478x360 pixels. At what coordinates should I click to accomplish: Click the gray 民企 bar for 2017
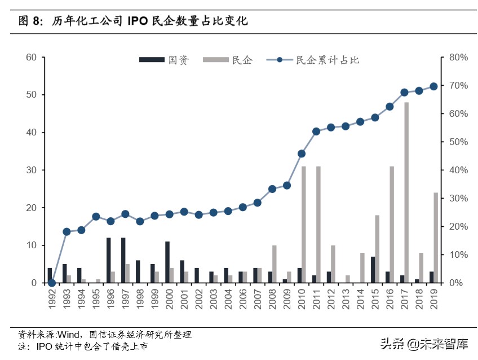point(406,192)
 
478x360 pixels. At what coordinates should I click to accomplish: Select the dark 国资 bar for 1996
point(108,260)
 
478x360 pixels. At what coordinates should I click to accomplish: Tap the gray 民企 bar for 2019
point(436,238)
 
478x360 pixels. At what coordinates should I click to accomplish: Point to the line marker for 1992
point(52,283)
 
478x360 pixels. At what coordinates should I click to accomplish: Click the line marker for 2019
point(433,86)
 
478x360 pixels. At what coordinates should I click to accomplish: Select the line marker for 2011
point(316,131)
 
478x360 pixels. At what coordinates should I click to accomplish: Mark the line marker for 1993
point(67,231)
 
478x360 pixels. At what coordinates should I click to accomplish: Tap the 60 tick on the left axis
point(31,57)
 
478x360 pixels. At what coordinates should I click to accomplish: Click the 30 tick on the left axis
point(31,170)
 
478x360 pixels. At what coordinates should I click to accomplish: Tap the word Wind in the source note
point(69,335)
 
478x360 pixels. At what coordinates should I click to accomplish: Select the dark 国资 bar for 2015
point(373,270)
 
